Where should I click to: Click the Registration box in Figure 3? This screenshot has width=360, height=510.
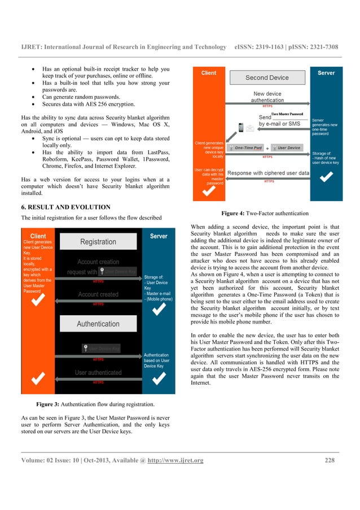[98, 242]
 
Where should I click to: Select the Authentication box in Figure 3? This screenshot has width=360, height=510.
[98, 324]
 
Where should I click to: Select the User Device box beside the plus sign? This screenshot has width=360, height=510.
[288, 148]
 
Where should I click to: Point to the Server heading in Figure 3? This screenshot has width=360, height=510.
[159, 236]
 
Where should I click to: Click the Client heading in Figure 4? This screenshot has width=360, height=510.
[209, 73]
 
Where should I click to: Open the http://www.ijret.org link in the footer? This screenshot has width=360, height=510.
[175, 460]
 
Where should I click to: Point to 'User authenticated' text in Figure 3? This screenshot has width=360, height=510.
[98, 373]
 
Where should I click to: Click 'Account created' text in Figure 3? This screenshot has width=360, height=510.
[98, 294]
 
